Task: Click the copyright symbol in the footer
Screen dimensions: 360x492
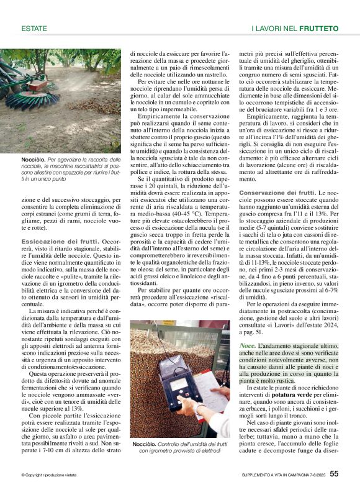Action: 22,475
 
